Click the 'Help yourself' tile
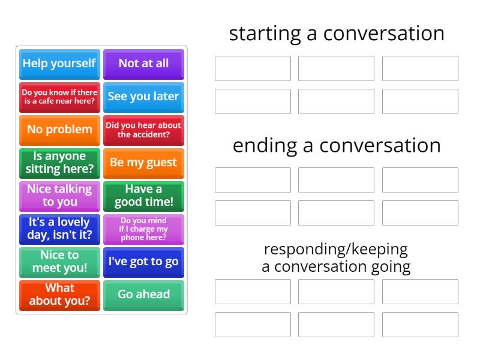[x=59, y=64]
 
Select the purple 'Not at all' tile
[x=143, y=64]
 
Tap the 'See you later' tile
[x=143, y=97]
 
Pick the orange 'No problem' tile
[x=59, y=130]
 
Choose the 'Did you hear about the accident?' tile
[x=143, y=130]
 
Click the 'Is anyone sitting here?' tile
[x=59, y=163]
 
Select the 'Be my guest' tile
[x=143, y=163]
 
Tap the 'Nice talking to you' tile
[x=59, y=196]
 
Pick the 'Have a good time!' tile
[x=143, y=196]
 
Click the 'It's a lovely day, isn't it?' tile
[x=59, y=229]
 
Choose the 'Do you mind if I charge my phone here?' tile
[x=143, y=229]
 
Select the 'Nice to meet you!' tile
[x=59, y=262]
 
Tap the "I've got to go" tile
[x=143, y=262]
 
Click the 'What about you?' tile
[x=59, y=295]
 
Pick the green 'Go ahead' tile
[x=143, y=295]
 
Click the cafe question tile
[x=59, y=97]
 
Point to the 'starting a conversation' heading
[x=337, y=34]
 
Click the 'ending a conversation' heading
[x=337, y=145]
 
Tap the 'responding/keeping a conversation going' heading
[x=336, y=257]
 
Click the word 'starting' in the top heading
[x=265, y=34]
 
